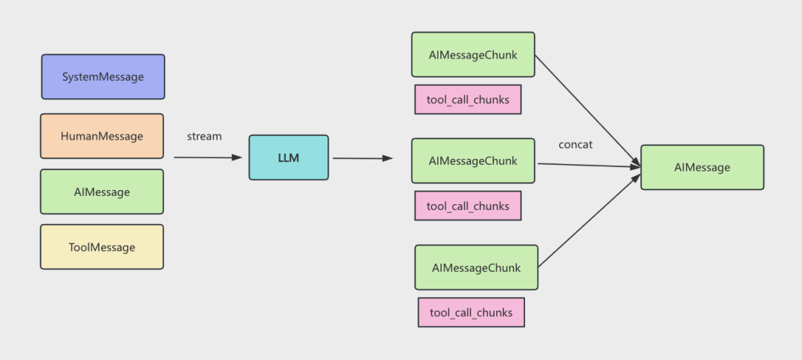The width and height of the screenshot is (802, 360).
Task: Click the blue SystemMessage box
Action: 102,76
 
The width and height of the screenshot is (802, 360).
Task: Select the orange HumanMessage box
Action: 102,136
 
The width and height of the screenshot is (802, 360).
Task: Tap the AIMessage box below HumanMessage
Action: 102,192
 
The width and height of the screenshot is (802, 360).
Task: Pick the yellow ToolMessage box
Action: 102,247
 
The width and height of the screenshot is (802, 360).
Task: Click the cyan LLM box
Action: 288,157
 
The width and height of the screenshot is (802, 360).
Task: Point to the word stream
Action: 204,137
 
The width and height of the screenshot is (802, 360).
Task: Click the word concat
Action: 576,145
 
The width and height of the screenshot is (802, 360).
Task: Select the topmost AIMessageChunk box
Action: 473,55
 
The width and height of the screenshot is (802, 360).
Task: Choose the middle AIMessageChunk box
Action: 473,160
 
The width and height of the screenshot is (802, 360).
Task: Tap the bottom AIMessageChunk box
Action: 476,267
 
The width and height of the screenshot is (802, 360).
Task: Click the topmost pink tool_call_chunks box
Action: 468,99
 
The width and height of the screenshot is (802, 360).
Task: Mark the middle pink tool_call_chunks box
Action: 468,206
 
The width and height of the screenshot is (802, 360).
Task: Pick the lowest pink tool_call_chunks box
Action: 471,312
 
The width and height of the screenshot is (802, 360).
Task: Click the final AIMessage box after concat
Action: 702,167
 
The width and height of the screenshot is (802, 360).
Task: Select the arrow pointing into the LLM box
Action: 208,157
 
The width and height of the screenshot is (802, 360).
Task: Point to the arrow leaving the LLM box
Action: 362,159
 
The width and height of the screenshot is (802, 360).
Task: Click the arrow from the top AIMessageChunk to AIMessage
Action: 587,111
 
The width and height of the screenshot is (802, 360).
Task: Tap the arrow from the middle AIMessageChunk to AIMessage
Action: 589,166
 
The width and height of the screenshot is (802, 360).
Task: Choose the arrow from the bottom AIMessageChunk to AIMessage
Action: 590,220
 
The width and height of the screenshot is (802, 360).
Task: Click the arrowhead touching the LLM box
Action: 237,157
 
